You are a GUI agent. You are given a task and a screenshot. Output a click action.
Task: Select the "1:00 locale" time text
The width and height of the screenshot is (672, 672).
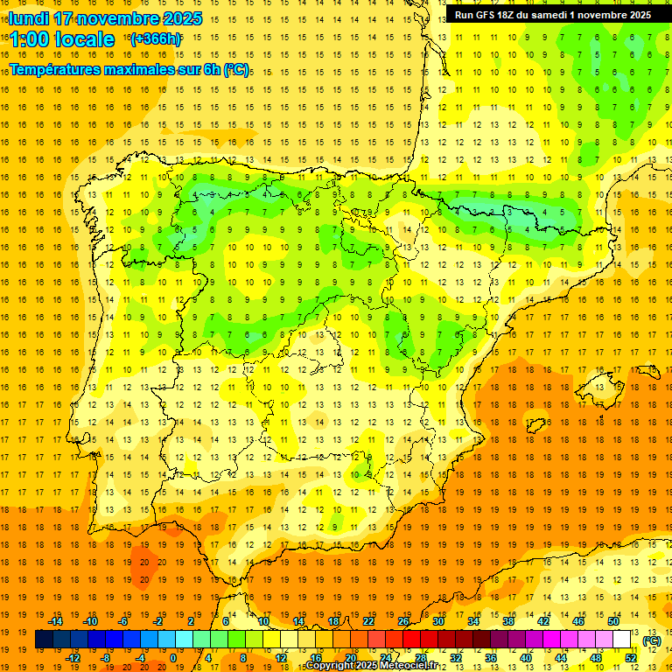coord(61,39)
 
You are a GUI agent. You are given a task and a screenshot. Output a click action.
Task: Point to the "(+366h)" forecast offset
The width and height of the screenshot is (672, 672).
coord(156,38)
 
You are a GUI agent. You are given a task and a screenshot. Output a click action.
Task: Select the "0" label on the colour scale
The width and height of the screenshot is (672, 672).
coord(173,658)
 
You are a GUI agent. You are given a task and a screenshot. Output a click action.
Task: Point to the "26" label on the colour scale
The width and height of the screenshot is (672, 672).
coord(403,621)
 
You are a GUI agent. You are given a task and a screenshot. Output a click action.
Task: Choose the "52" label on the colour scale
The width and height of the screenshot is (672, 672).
coord(632,658)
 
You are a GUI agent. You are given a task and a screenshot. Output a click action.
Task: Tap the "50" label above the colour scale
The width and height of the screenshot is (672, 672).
coord(613,621)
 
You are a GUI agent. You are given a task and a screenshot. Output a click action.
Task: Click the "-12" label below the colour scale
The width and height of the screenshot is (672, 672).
coord(73,658)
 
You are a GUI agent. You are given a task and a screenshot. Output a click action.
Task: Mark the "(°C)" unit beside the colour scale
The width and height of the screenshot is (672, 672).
coord(652,640)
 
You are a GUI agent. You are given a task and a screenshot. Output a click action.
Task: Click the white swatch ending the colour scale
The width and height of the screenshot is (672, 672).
coord(630,640)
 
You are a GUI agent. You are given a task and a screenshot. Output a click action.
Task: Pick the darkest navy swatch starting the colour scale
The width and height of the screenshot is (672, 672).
coord(44,640)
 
